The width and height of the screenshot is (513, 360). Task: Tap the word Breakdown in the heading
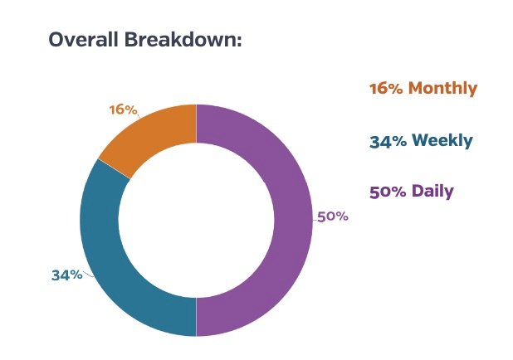click(x=183, y=39)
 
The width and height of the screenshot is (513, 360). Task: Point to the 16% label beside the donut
click(x=123, y=109)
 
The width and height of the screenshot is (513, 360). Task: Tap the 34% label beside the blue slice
click(x=66, y=275)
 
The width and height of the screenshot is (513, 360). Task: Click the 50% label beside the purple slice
click(x=333, y=216)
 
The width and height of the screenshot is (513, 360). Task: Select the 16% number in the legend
click(x=385, y=89)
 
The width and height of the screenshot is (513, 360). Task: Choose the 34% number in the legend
click(x=388, y=141)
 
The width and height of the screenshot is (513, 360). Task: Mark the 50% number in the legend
click(x=387, y=192)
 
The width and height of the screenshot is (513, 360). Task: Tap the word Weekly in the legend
click(x=442, y=141)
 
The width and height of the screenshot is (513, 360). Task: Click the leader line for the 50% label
click(x=315, y=218)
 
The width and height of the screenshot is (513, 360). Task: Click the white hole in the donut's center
click(x=196, y=220)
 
